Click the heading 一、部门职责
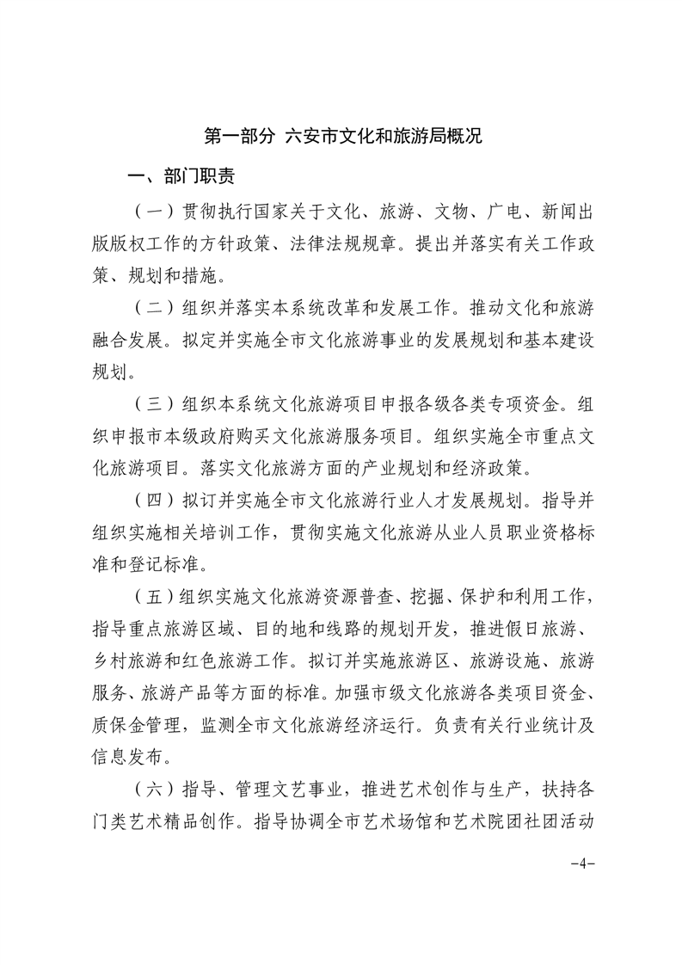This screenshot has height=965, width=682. [176, 177]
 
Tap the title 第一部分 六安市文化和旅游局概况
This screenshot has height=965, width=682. [341, 136]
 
